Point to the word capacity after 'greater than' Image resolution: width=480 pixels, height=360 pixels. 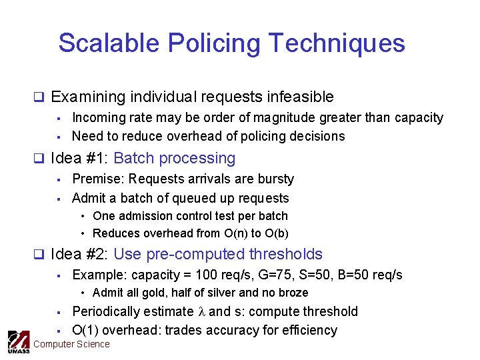[x=419, y=118]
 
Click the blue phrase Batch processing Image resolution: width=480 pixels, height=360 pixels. [x=175, y=159]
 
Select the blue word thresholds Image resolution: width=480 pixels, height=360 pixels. [x=285, y=255]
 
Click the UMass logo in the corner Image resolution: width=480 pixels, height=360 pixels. [x=18, y=342]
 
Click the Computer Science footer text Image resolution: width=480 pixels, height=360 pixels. [x=71, y=345]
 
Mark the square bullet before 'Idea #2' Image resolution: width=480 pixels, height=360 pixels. [x=39, y=255]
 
